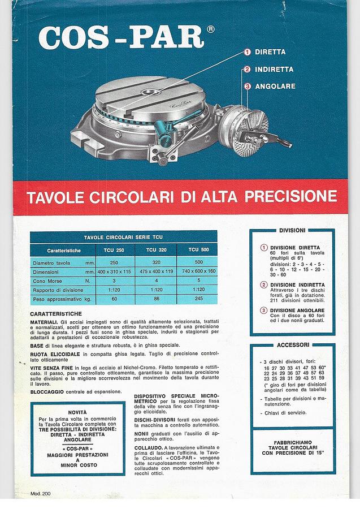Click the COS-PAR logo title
(121, 38)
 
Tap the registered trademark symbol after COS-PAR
(210, 29)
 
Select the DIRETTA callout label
(270, 52)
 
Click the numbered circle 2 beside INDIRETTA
(247, 70)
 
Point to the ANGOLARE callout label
(275, 87)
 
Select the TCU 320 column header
(156, 249)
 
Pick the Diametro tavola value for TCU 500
(198, 262)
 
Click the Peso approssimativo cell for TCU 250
(114, 299)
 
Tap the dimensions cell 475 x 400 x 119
(156, 272)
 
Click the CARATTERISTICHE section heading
(56, 313)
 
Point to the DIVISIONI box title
(292, 231)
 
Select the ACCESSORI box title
(292, 344)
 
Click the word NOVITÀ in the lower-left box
(77, 412)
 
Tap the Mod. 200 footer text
(40, 494)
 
